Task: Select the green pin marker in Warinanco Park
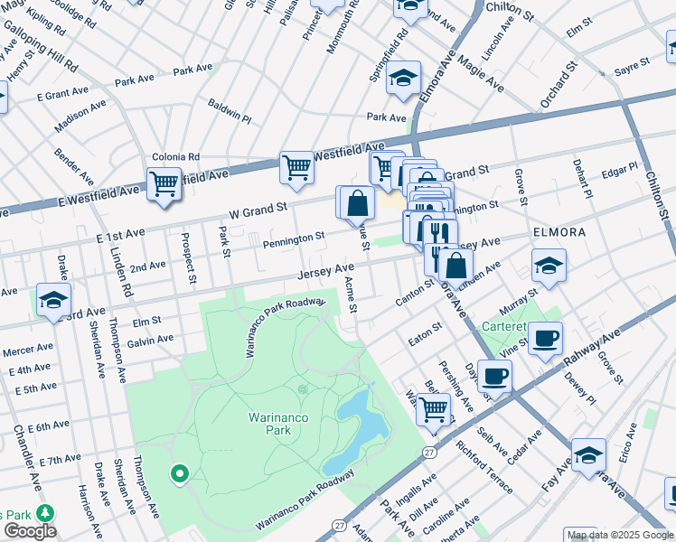pyautogui.click(x=179, y=472)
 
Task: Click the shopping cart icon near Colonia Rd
pyautogui.click(x=164, y=183)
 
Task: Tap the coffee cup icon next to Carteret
pyautogui.click(x=545, y=339)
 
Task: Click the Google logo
pyautogui.click(x=29, y=531)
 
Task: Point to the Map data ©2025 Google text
pyautogui.click(x=620, y=535)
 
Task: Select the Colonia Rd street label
pyautogui.click(x=175, y=156)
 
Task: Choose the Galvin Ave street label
pyautogui.click(x=150, y=339)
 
